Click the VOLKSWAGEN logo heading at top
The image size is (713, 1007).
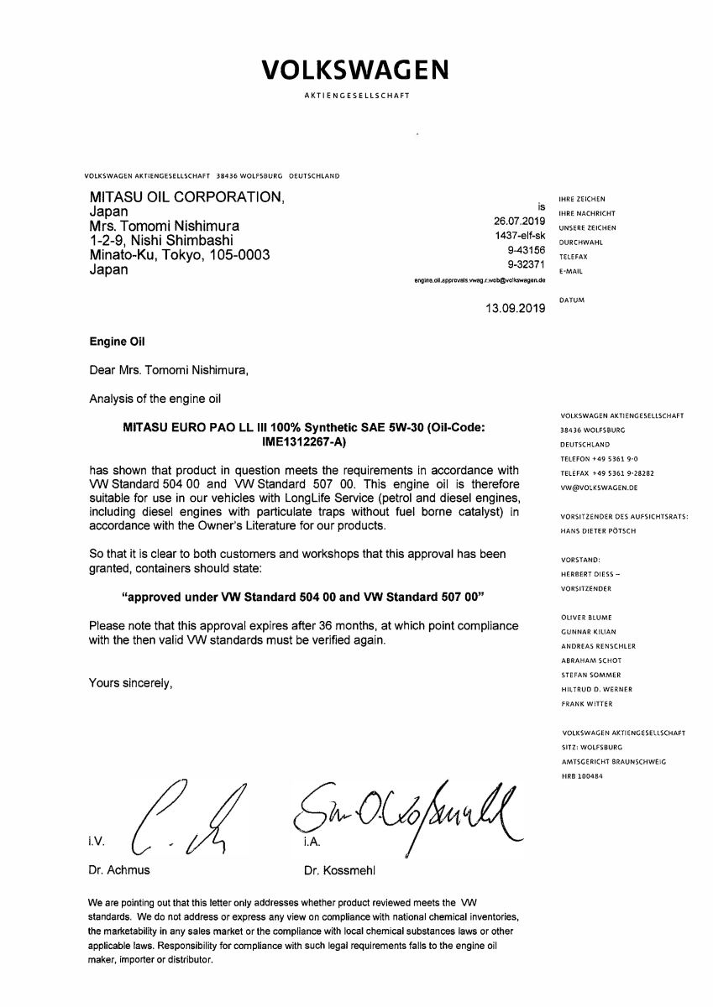[x=355, y=69]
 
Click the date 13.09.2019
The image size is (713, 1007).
[x=516, y=308]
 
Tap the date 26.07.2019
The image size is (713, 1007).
[x=521, y=221]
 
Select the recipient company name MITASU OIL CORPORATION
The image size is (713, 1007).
[x=186, y=197]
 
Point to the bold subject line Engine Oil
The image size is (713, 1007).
[x=117, y=342]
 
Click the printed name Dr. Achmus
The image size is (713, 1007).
[x=119, y=870]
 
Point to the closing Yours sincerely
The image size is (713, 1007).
[x=130, y=683]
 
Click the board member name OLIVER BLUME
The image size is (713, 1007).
[x=587, y=618]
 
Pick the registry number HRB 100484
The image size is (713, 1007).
[x=582, y=776]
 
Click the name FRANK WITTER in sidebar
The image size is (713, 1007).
[x=586, y=703]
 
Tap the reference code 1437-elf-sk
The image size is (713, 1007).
[x=521, y=236]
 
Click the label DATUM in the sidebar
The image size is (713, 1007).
[x=571, y=300]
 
